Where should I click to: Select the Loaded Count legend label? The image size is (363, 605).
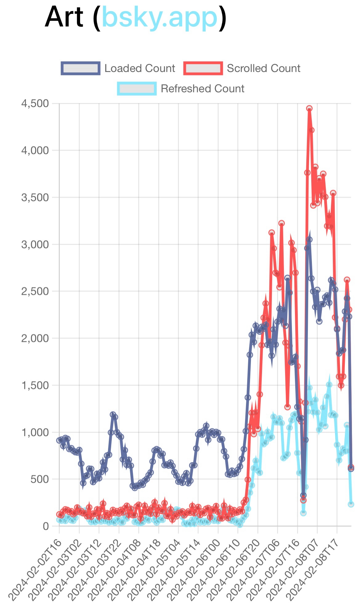pos(139,68)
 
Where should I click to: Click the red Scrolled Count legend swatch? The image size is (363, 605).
pos(203,68)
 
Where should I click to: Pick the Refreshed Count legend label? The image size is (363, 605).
pos(202,89)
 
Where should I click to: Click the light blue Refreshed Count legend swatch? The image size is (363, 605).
pos(137,89)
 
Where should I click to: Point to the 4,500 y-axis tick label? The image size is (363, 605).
pos(35,104)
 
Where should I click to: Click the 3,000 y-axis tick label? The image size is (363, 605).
pos(35,245)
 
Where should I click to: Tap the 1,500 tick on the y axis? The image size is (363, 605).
pos(35,385)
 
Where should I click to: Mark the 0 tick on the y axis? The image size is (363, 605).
pos(46,526)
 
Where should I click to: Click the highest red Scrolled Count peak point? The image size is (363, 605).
pos(309,108)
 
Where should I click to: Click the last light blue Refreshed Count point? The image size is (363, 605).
pos(351,504)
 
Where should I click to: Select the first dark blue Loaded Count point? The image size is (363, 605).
pos(59,440)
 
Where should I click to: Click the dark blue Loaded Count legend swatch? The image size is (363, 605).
pos(80,68)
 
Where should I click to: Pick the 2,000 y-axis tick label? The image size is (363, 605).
pos(35,339)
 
